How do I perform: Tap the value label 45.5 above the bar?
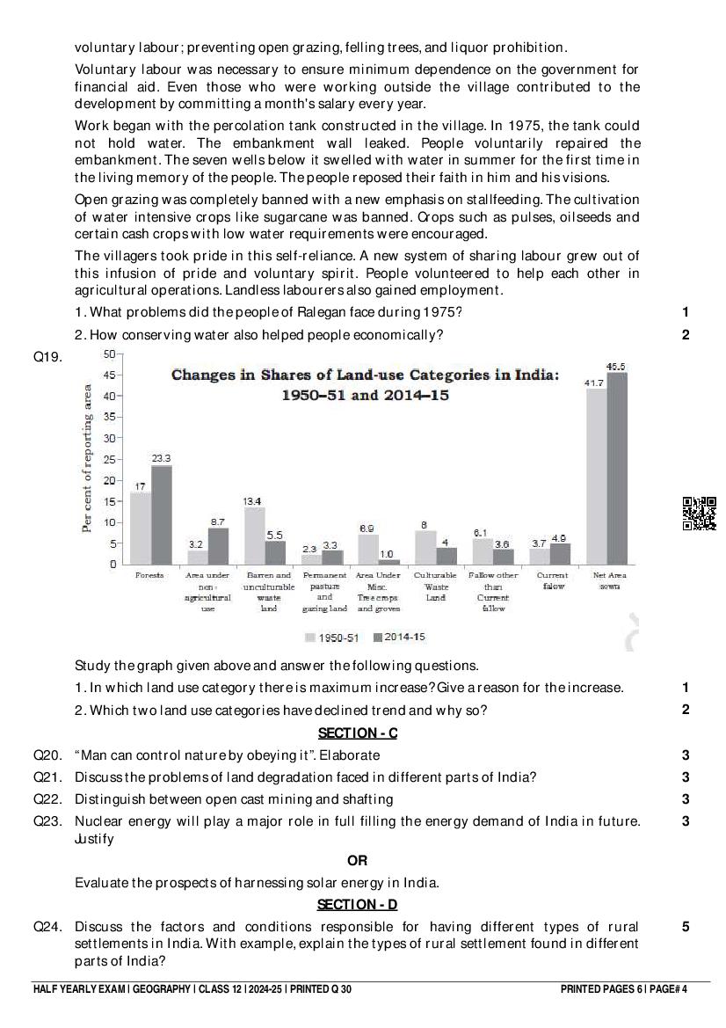pos(616,366)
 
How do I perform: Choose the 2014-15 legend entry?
pos(399,637)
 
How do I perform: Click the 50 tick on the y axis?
pos(109,354)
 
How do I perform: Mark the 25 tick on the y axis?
pos(109,459)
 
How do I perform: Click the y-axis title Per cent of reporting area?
pos(88,459)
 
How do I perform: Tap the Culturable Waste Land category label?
pos(436,587)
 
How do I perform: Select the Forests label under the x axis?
pos(149,575)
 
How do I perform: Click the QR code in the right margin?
pos(700,514)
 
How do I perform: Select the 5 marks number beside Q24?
pos(686,927)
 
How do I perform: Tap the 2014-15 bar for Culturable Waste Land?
pos(447,556)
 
